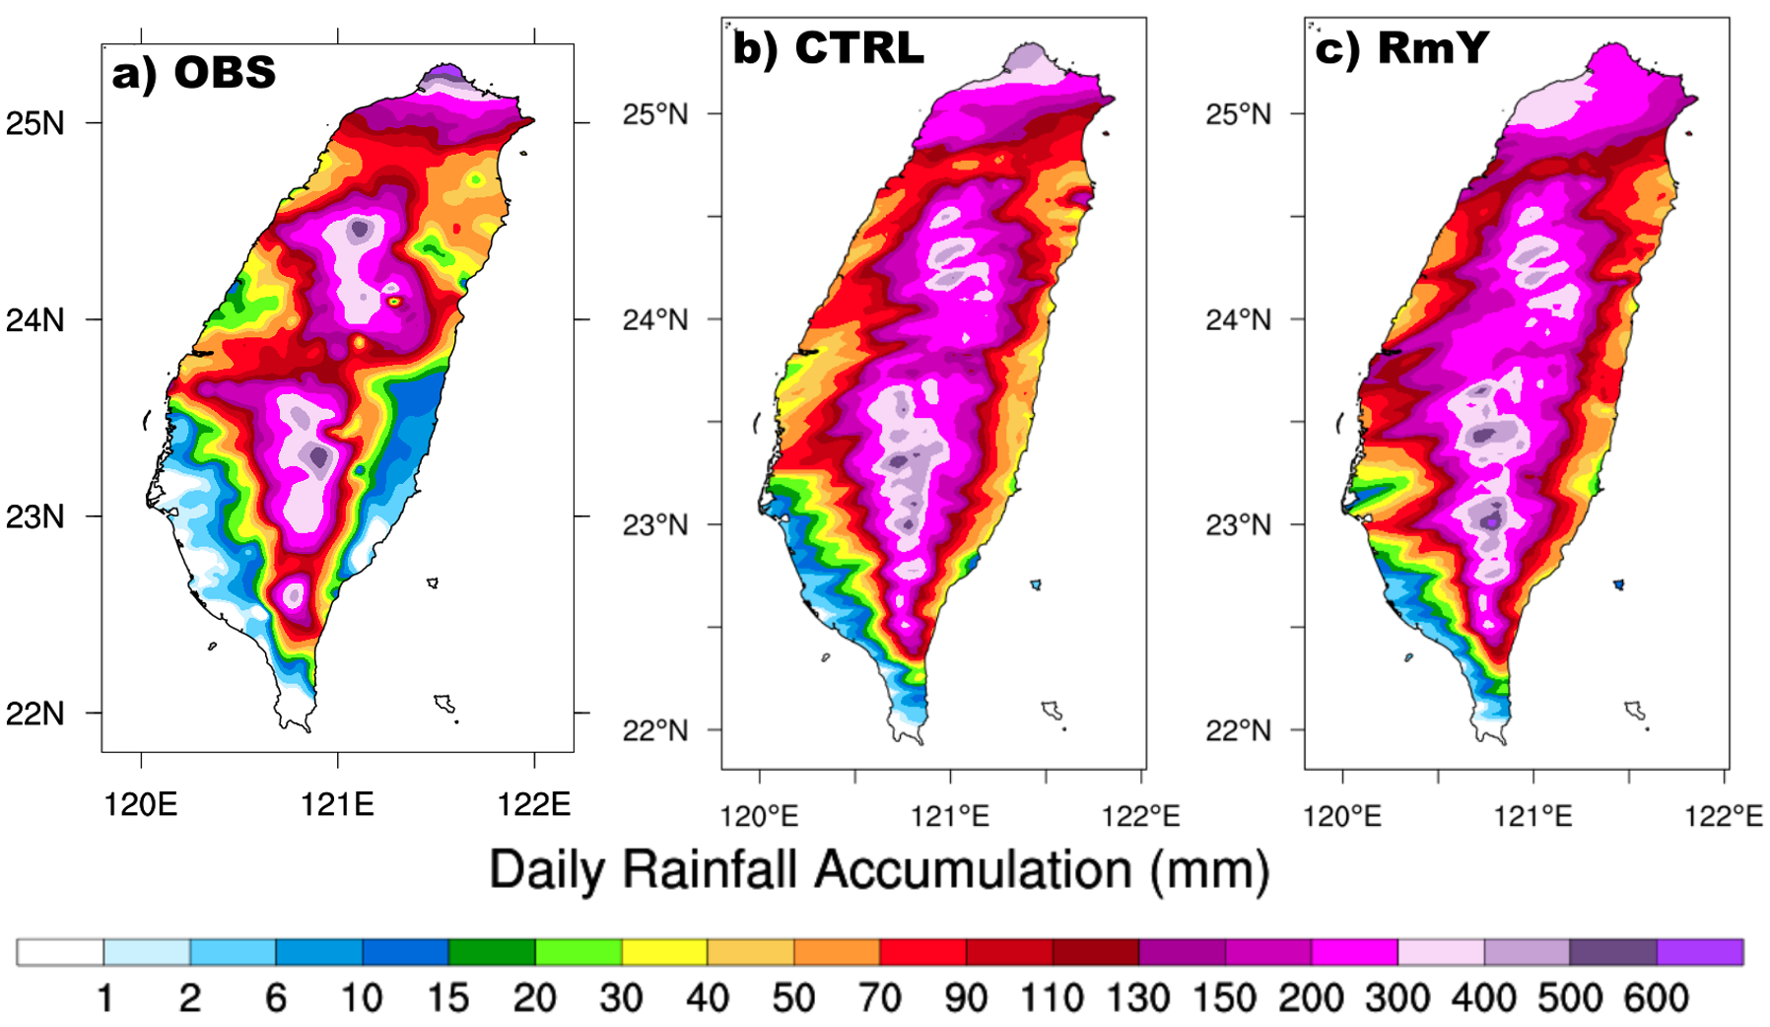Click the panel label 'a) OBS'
(193, 73)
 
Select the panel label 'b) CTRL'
(828, 47)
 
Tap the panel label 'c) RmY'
(1401, 47)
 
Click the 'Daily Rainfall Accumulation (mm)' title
(879, 870)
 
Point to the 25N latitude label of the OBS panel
(35, 123)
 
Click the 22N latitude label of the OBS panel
(35, 713)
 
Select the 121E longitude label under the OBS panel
(337, 805)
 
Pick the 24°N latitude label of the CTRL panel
(654, 319)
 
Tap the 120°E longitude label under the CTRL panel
(760, 817)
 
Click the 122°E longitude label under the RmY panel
(1724, 817)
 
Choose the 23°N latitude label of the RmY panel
(1238, 524)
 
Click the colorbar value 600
(1656, 998)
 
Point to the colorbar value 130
(1138, 998)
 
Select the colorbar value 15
(447, 998)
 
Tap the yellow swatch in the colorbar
(664, 952)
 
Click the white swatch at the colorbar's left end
(60, 952)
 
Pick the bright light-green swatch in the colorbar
(579, 952)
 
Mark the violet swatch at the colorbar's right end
(1700, 952)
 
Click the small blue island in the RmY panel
(1618, 584)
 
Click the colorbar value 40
(707, 998)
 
